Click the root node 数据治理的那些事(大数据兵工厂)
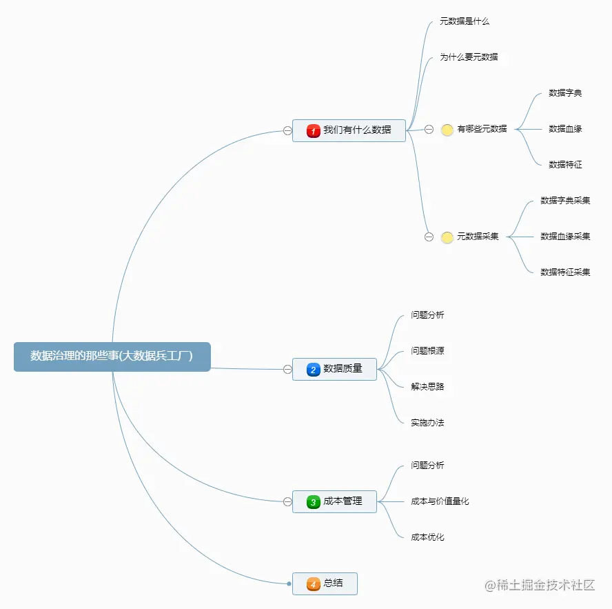112,357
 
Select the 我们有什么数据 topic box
349,130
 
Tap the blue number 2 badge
314,370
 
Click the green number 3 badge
314,502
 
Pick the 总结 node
325,583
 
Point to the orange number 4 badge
314,584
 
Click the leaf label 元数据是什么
465,21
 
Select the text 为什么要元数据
469,57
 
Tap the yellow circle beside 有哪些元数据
447,130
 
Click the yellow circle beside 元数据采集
447,237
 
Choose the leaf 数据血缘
565,129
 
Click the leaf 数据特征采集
565,272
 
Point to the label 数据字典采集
565,201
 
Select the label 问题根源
427,351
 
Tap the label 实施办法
427,423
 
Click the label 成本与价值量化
440,501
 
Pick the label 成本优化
427,537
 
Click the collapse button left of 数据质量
287,370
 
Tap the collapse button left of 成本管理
287,502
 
